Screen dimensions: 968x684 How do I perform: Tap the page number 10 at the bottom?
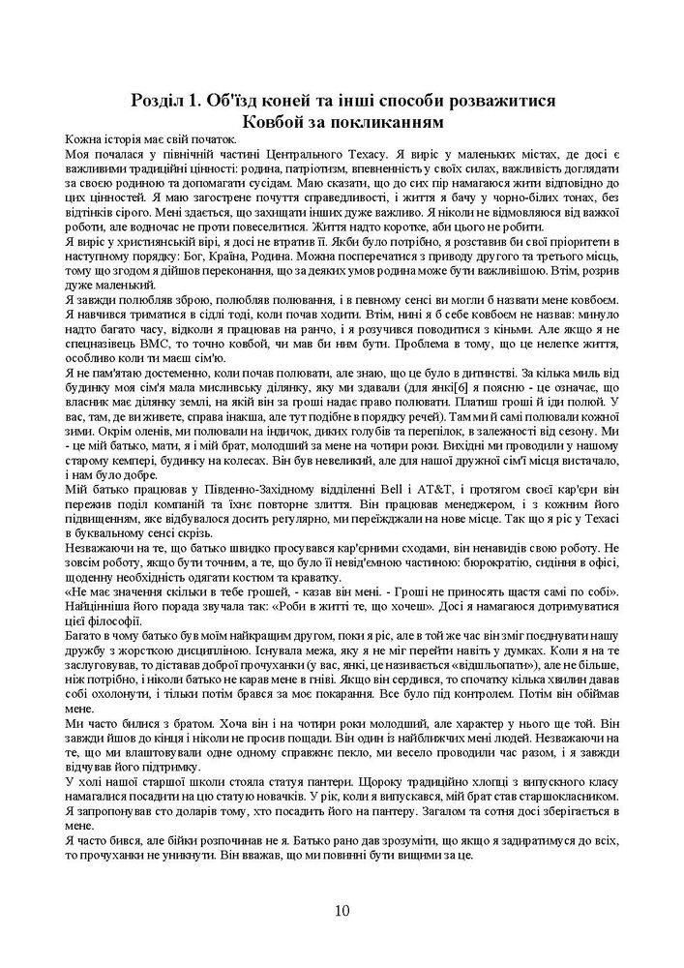pos(342,910)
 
